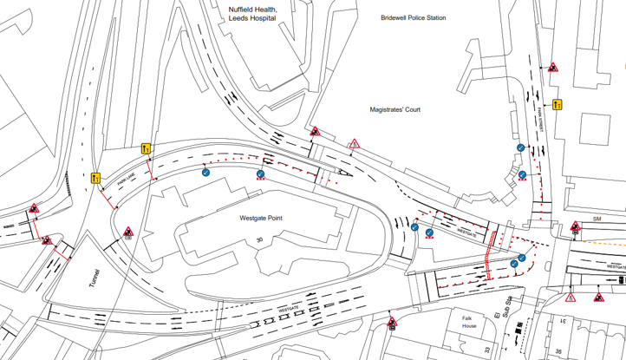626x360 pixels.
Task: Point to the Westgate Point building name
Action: pos(253,219)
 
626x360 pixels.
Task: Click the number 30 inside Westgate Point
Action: pos(258,239)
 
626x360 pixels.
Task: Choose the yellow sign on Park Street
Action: pos(558,105)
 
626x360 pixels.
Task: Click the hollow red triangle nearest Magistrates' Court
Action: pos(355,144)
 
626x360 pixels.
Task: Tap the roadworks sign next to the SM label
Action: pos(576,229)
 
